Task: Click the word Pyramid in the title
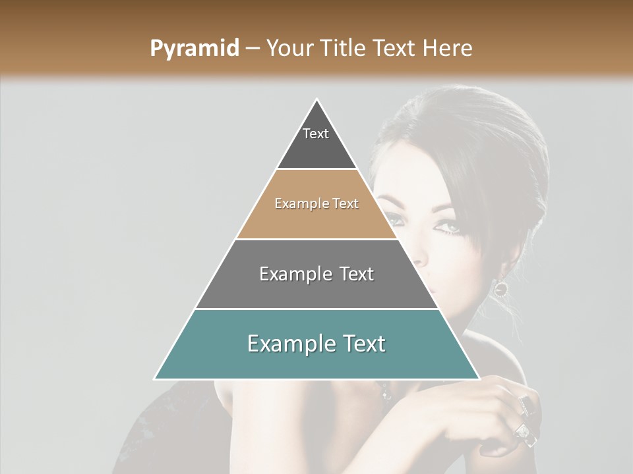click(195, 49)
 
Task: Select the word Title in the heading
click(344, 49)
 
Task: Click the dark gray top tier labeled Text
click(316, 145)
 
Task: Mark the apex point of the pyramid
click(317, 100)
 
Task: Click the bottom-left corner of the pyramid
click(155, 379)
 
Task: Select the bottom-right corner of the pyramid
click(479, 379)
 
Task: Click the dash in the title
click(253, 49)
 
